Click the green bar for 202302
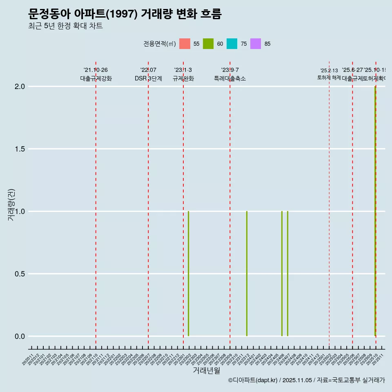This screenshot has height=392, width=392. [188, 274]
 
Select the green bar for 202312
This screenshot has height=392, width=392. [247, 274]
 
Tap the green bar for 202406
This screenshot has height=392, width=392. [282, 274]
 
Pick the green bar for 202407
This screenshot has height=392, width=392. [287, 274]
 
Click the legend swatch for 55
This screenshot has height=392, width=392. [185, 44]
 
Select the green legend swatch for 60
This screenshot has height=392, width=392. [208, 44]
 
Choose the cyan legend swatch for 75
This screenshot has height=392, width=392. [232, 44]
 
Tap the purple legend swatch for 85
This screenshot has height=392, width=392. [256, 44]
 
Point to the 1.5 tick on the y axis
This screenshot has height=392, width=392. [20, 149]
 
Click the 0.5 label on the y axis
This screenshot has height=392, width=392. [20, 274]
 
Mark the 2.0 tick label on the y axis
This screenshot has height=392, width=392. [20, 87]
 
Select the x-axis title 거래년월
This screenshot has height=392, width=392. [206, 371]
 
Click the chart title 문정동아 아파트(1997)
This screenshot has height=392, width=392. [125, 14]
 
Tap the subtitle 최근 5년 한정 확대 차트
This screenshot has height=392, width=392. [65, 26]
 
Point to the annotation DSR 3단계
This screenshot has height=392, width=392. [148, 78]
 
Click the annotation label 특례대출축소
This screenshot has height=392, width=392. [230, 78]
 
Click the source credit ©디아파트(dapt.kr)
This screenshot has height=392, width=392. [253, 380]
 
